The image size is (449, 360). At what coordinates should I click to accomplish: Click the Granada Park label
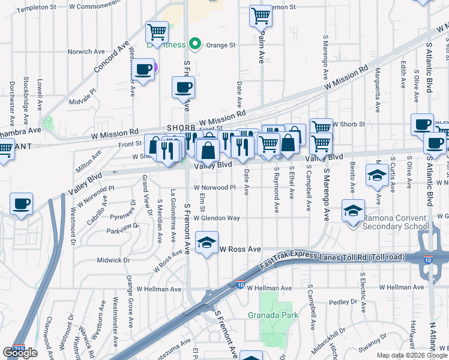click(x=268, y=314)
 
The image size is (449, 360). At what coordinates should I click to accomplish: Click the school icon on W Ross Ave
click(x=207, y=243)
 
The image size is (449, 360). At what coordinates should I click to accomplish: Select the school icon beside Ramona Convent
click(x=353, y=211)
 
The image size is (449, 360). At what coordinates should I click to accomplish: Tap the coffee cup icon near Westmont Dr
click(x=22, y=204)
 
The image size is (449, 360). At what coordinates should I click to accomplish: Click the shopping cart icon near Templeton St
click(x=157, y=31)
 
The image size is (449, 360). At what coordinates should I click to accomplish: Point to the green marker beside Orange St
click(x=194, y=44)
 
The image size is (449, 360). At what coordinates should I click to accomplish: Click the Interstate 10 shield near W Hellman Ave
click(x=240, y=286)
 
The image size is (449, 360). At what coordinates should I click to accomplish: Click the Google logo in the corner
click(x=20, y=353)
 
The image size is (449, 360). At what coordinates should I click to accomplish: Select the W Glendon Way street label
click(x=217, y=218)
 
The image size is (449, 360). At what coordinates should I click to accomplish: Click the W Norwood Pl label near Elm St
click(x=214, y=187)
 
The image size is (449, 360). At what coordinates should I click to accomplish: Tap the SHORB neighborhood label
click(x=181, y=128)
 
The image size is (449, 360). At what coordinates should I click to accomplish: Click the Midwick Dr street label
click(x=113, y=260)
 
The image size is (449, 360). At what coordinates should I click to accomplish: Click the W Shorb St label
click(x=349, y=124)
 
